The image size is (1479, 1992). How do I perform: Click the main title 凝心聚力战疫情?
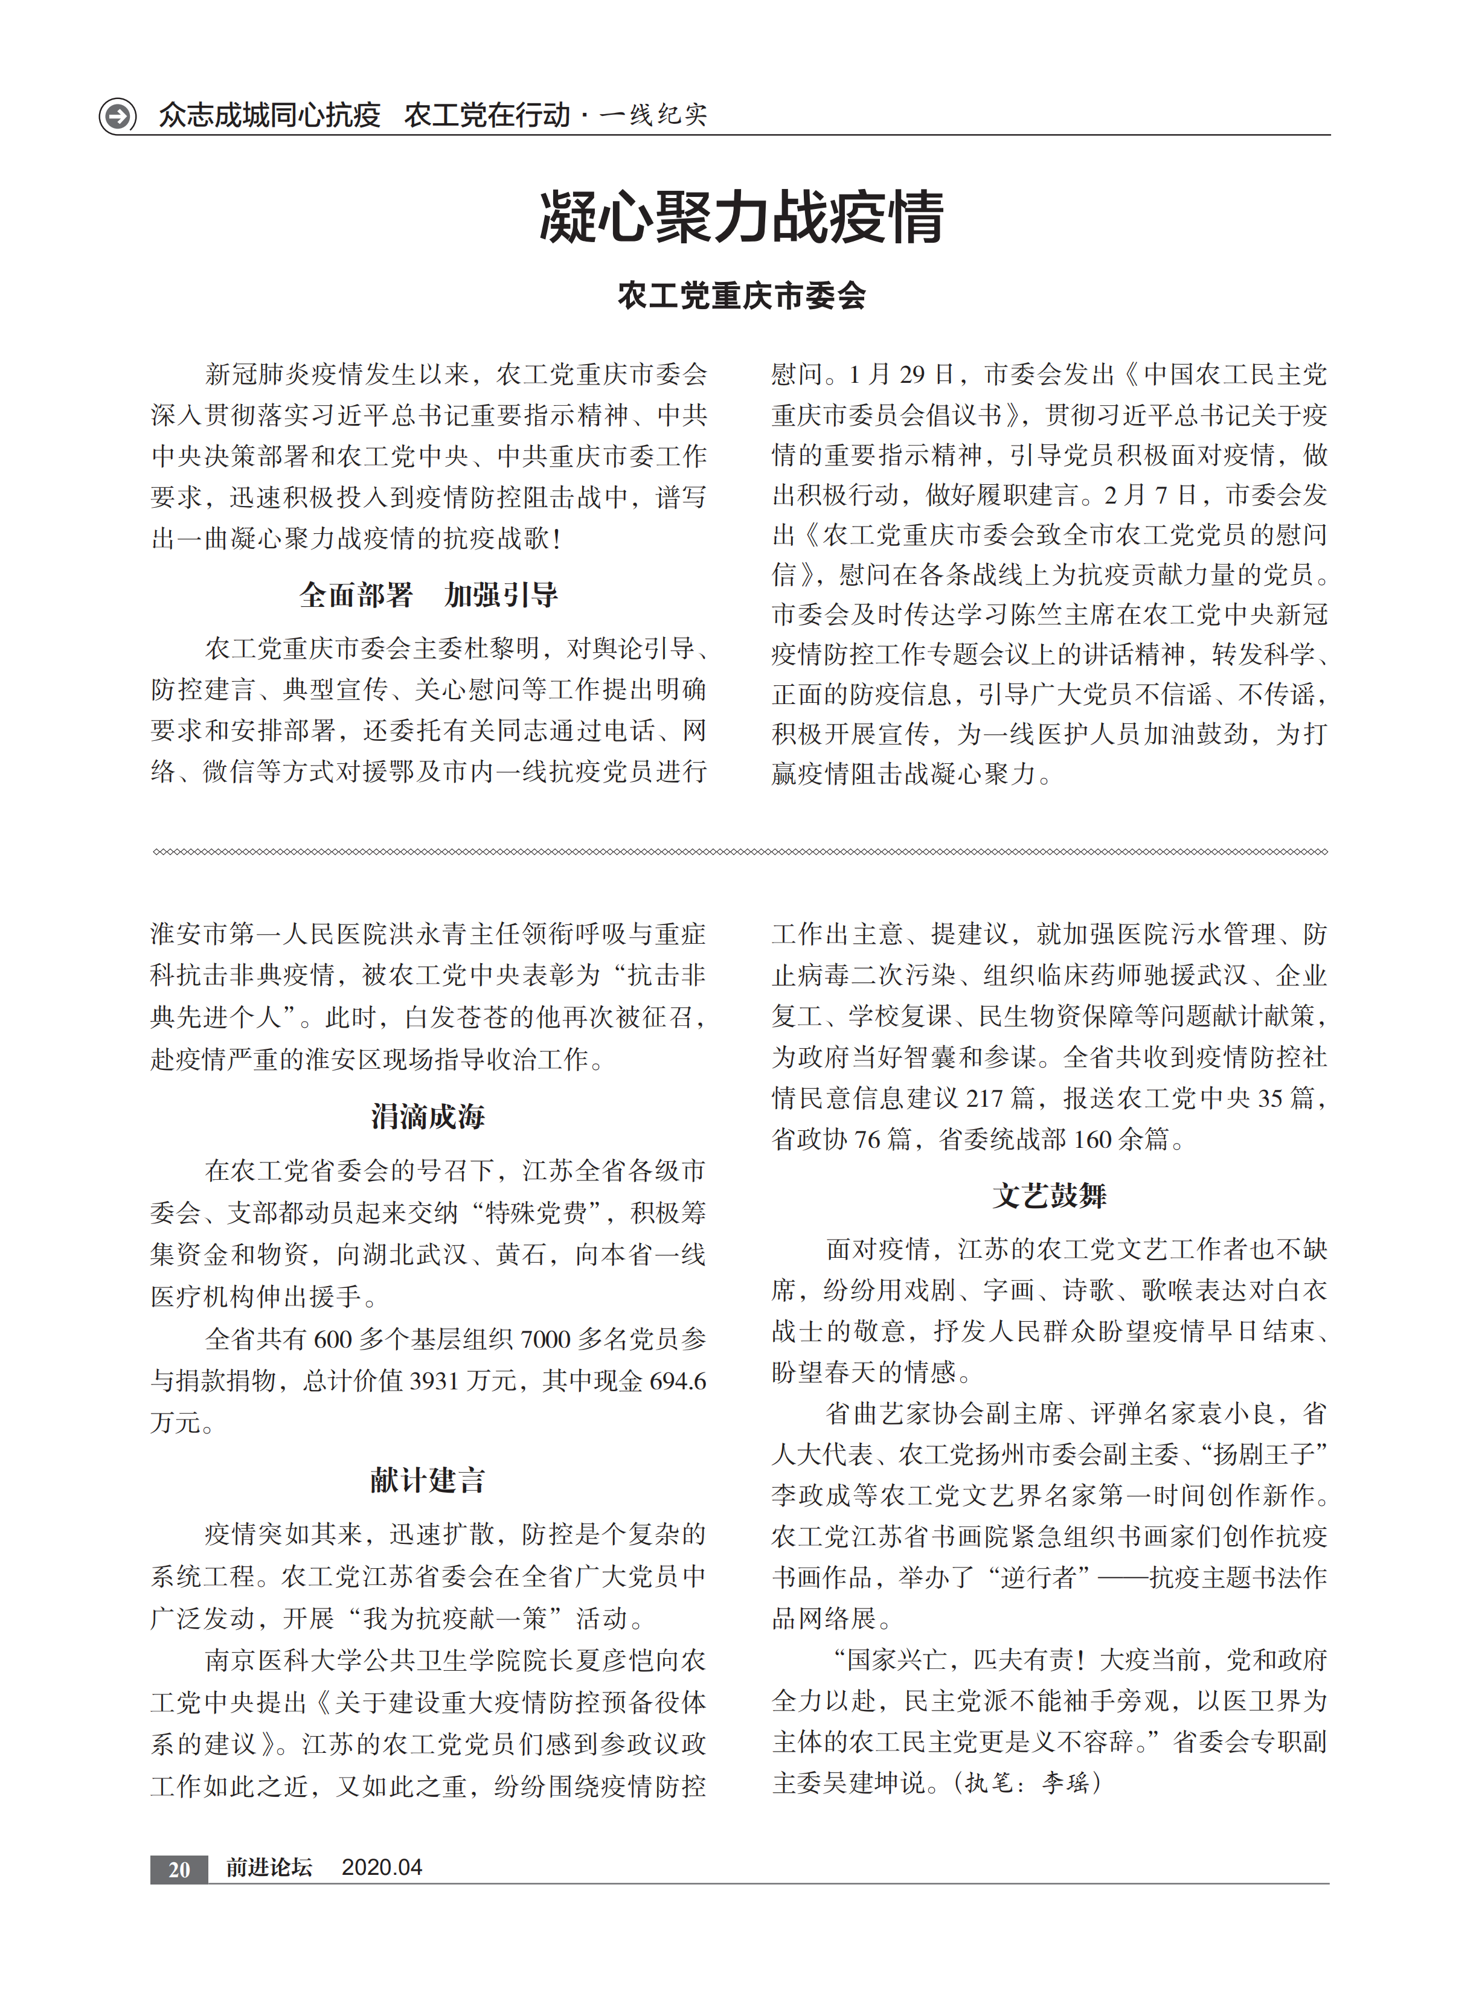pyautogui.click(x=740, y=217)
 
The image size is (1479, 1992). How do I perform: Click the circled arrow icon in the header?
pyautogui.click(x=117, y=115)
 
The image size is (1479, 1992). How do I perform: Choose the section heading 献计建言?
pyautogui.click(x=428, y=1479)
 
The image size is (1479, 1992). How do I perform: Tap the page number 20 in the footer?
pyautogui.click(x=179, y=1869)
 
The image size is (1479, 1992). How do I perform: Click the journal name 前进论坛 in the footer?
pyautogui.click(x=269, y=1868)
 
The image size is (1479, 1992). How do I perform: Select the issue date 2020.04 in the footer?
pyautogui.click(x=382, y=1868)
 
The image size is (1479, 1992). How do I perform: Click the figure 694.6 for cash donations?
pyautogui.click(x=677, y=1381)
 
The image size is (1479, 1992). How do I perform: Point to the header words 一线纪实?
pyautogui.click(x=653, y=115)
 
